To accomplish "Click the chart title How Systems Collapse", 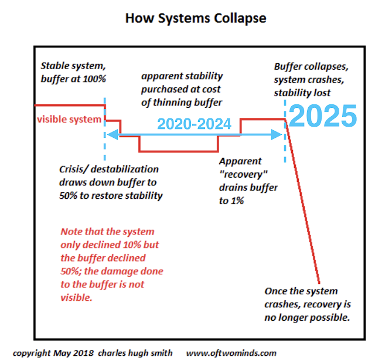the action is pyautogui.click(x=196, y=18).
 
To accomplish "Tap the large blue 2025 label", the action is pyautogui.click(x=323, y=116).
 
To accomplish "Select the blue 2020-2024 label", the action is pyautogui.click(x=194, y=124).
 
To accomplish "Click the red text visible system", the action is pyautogui.click(x=69, y=119).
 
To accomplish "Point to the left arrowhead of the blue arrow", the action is pyautogui.click(x=112, y=134).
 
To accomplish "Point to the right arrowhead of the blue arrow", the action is pyautogui.click(x=277, y=134).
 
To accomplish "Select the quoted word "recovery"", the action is pyautogui.click(x=244, y=175).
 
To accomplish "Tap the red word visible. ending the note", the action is pyautogui.click(x=76, y=298).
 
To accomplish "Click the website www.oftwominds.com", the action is pyautogui.click(x=231, y=353).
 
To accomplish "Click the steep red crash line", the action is pyautogui.click(x=302, y=202).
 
